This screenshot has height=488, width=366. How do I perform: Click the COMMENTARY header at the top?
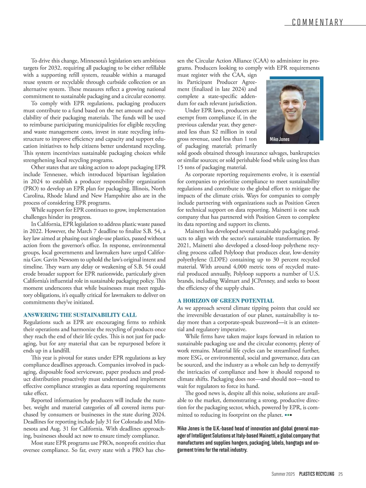click(318, 22)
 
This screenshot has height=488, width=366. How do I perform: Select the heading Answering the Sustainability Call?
click(80, 315)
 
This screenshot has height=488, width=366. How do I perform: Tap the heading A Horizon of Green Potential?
click(225, 301)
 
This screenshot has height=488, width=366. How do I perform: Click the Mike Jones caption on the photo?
click(280, 139)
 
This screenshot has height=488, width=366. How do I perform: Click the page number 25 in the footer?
click(341, 474)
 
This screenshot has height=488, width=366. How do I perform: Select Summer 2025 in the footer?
click(283, 474)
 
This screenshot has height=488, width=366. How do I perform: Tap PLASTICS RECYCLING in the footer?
click(317, 474)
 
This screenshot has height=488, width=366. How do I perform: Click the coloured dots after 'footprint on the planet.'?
click(288, 415)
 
